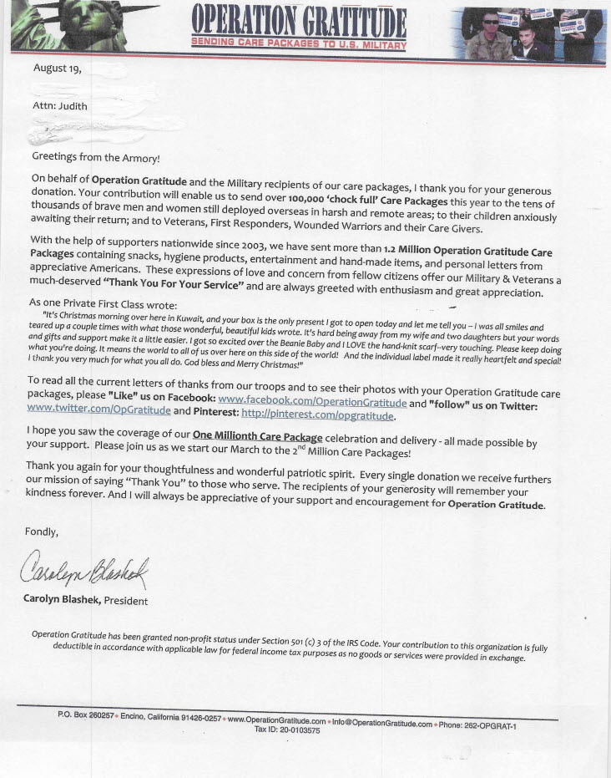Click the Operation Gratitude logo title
pyautogui.click(x=298, y=21)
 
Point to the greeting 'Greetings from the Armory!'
pyautogui.click(x=95, y=157)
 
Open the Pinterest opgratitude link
pyautogui.click(x=318, y=415)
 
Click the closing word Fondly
pyautogui.click(x=46, y=531)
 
